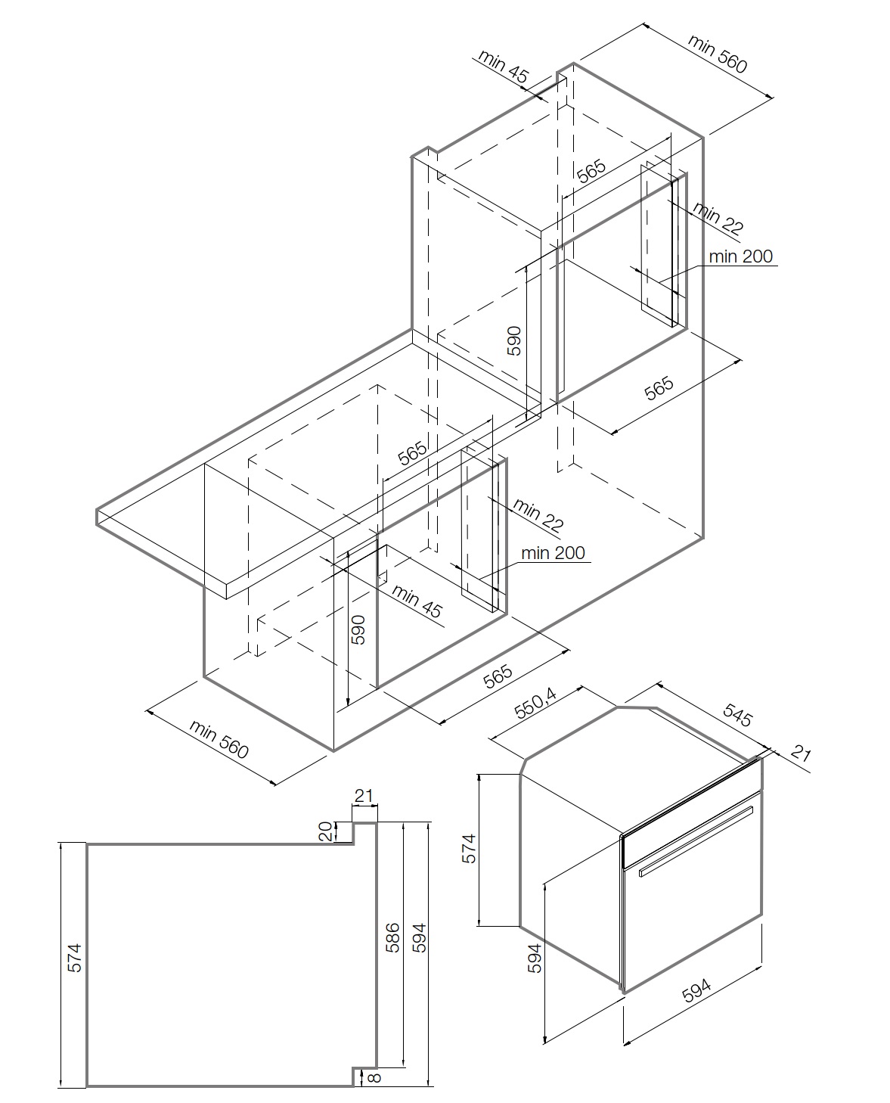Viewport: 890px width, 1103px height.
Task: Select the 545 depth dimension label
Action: [738, 715]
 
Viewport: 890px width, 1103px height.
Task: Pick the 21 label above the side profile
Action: [364, 795]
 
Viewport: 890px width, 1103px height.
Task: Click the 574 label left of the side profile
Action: [73, 956]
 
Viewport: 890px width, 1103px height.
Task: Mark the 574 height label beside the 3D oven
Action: [470, 848]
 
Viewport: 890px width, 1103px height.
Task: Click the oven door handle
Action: [696, 841]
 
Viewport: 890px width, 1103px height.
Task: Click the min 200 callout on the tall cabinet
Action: [741, 256]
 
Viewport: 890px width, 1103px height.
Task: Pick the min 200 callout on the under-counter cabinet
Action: [553, 553]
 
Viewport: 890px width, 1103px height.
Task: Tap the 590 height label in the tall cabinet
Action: [514, 341]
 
